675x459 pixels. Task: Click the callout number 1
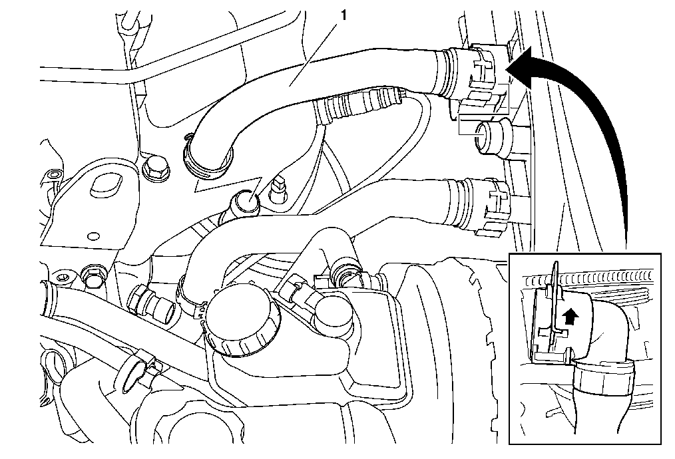(x=343, y=15)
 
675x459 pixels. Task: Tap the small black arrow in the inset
(x=570, y=317)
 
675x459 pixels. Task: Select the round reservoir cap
(x=243, y=321)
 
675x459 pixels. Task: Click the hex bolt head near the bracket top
(x=155, y=168)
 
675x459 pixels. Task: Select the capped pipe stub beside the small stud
(x=246, y=202)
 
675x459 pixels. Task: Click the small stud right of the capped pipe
(x=278, y=192)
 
